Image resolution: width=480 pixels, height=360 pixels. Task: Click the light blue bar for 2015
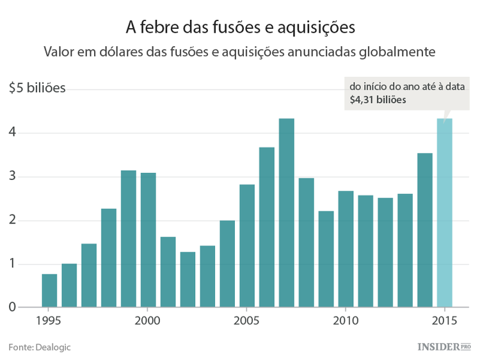444,213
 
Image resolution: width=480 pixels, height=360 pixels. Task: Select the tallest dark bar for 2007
287,213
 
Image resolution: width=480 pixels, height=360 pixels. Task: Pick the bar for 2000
148,240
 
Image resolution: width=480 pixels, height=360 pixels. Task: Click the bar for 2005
247,246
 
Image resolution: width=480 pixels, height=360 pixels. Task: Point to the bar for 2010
346,249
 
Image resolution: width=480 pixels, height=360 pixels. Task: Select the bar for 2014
425,230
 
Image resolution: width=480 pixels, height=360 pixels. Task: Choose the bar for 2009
326,259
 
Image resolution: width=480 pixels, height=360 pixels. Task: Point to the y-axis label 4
13,133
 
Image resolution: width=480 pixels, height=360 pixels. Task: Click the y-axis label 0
13,308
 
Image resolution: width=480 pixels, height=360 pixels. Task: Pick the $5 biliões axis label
37,88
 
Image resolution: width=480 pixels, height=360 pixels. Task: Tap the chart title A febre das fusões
240,28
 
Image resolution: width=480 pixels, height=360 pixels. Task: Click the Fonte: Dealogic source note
40,347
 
